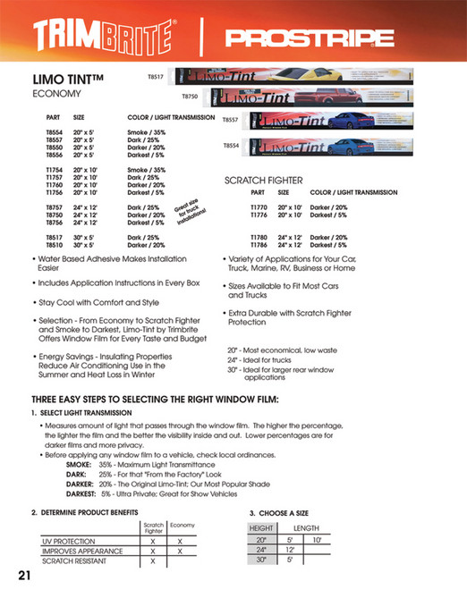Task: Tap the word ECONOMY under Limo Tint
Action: pyautogui.click(x=57, y=93)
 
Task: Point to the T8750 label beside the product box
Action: pyautogui.click(x=190, y=96)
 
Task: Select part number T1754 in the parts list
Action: pyautogui.click(x=55, y=169)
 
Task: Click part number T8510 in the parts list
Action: pyautogui.click(x=55, y=244)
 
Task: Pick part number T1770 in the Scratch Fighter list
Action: pyautogui.click(x=259, y=207)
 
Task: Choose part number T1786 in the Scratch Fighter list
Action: pyautogui.click(x=259, y=244)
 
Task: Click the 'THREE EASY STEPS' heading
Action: pyautogui.click(x=156, y=398)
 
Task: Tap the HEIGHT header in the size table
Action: pyautogui.click(x=261, y=528)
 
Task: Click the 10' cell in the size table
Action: pyautogui.click(x=317, y=540)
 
